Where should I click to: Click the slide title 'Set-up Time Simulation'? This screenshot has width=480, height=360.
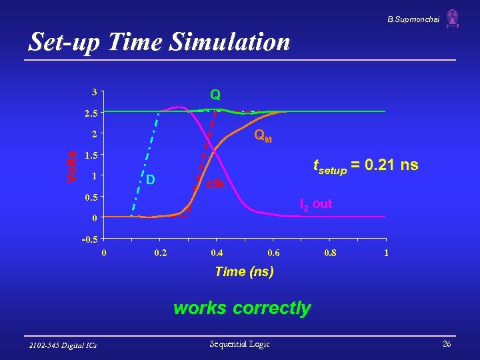159,43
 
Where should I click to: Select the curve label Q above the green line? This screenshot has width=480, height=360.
215,95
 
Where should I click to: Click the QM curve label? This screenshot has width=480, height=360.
263,137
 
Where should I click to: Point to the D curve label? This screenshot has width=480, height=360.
151,180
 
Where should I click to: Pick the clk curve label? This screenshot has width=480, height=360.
216,183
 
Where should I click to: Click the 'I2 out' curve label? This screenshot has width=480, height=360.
315,204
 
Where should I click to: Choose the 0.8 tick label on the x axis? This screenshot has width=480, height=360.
329,253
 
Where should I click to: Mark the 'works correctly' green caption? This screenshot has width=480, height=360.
241,308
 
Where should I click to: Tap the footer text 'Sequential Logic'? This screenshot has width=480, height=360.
239,344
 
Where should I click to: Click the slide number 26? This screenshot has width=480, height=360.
446,344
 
